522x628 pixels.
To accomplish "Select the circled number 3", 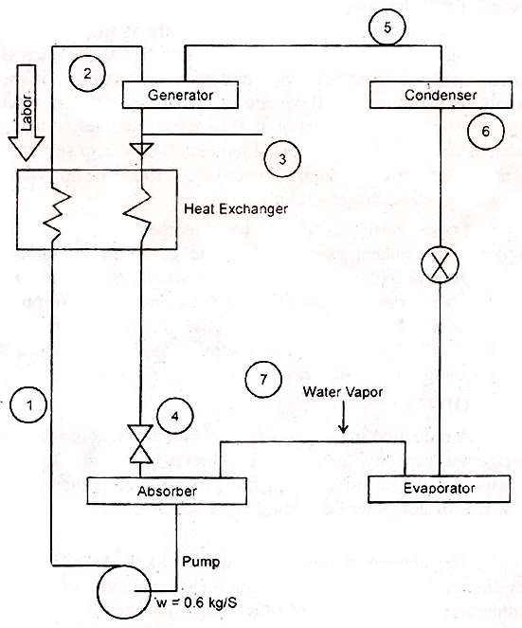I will point(281,160).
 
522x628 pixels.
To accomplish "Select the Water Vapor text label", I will point(340,390).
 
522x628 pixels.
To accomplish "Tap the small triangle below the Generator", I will point(141,147).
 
